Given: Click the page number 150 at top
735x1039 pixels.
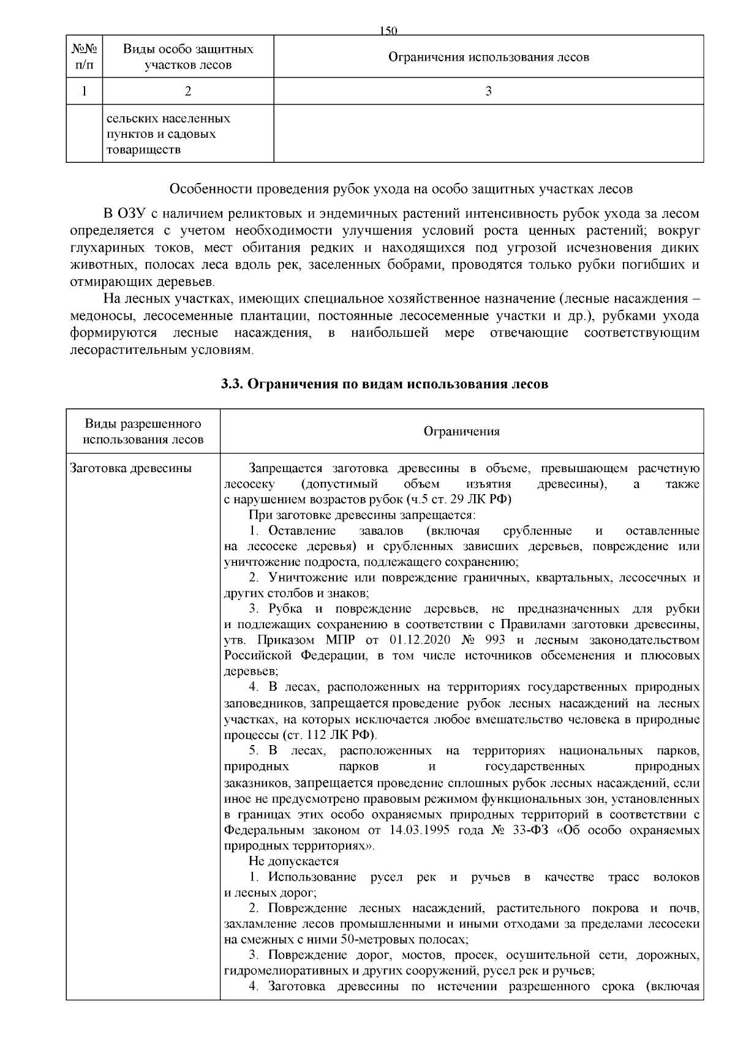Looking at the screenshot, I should coord(389,31).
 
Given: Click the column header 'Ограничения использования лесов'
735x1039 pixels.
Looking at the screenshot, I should coord(488,57).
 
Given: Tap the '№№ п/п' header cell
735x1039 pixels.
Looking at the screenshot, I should coord(84,57).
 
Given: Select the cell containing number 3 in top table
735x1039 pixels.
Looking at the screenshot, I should coord(488,91).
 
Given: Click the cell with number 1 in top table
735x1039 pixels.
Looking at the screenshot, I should coord(84,91).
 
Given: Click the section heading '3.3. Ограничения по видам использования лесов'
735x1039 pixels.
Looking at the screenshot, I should coord(384,384).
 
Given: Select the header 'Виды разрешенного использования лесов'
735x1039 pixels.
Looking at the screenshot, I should coord(143,432).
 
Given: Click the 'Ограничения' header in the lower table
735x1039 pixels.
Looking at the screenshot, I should coord(461,432).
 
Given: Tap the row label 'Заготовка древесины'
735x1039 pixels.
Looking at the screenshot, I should coord(131,468).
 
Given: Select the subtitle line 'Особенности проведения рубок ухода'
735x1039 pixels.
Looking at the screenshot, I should coord(401,189).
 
